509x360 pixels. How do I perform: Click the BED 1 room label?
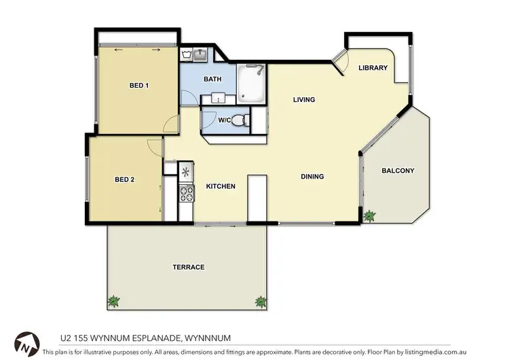pos(139,86)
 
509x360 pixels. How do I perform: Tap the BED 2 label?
pos(124,180)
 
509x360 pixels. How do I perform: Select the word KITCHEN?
pos(221,186)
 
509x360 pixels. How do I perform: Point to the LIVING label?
pos(304,100)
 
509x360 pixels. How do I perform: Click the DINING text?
pos(312,177)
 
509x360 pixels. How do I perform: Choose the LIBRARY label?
pos(373,68)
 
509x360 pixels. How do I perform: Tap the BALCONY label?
pos(398,170)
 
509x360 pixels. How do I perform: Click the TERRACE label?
pos(188,267)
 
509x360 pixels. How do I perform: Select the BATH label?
pos(212,79)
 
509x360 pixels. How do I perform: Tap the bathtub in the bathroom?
pos(252,82)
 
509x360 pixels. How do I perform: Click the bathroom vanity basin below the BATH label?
pos(218,99)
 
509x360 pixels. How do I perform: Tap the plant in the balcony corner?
pos(369,216)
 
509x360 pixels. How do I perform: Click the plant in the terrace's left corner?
pos(113,300)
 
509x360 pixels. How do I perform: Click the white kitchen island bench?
pos(257,198)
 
